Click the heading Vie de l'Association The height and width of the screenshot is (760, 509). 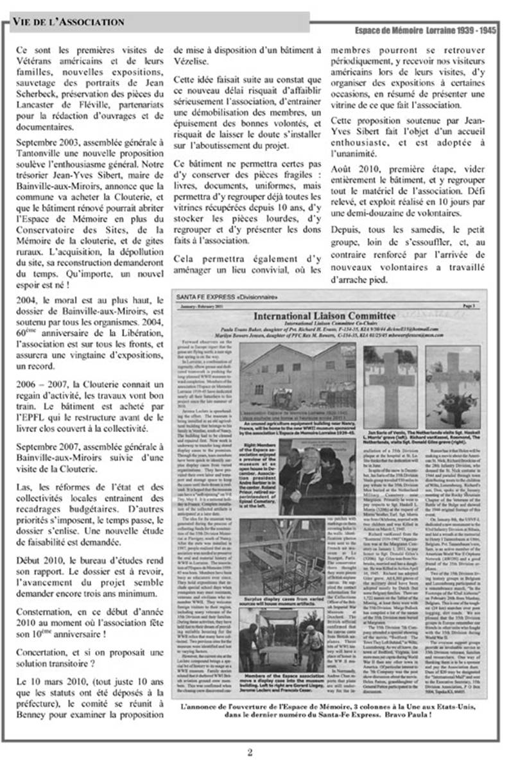(x=68, y=22)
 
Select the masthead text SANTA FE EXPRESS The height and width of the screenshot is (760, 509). (x=204, y=297)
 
